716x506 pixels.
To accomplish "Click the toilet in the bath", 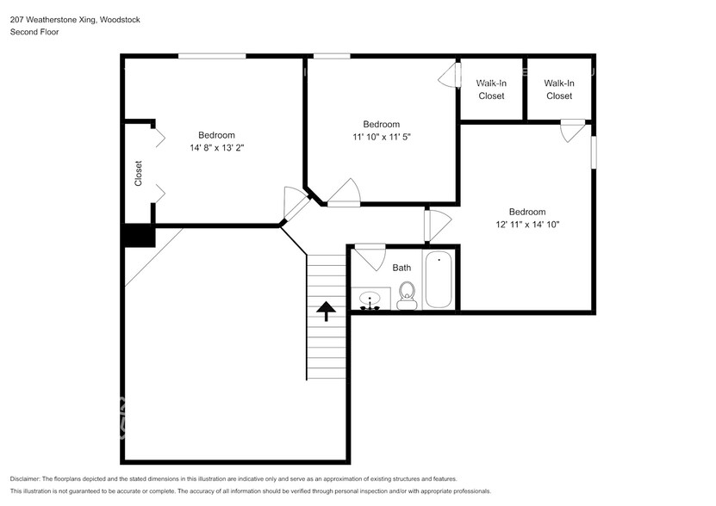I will click(x=408, y=295).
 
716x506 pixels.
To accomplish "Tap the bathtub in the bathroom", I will click(x=439, y=280).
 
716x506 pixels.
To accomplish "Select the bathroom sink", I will click(x=371, y=300).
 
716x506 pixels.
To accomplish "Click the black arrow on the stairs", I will click(x=327, y=310).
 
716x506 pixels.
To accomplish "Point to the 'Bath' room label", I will click(x=402, y=268).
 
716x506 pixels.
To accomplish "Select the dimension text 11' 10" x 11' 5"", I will click(x=381, y=137).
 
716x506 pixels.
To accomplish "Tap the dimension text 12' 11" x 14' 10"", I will click(x=526, y=225).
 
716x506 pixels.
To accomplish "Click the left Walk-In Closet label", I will click(x=491, y=89).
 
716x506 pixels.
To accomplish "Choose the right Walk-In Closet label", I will click(x=558, y=89).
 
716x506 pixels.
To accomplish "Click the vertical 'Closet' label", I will click(x=138, y=173).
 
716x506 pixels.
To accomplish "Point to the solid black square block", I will click(x=138, y=236).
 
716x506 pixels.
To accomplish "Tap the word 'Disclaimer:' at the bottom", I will click(x=29, y=478).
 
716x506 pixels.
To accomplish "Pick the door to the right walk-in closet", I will click(x=571, y=131).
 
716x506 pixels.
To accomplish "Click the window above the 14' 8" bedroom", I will click(x=212, y=57).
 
